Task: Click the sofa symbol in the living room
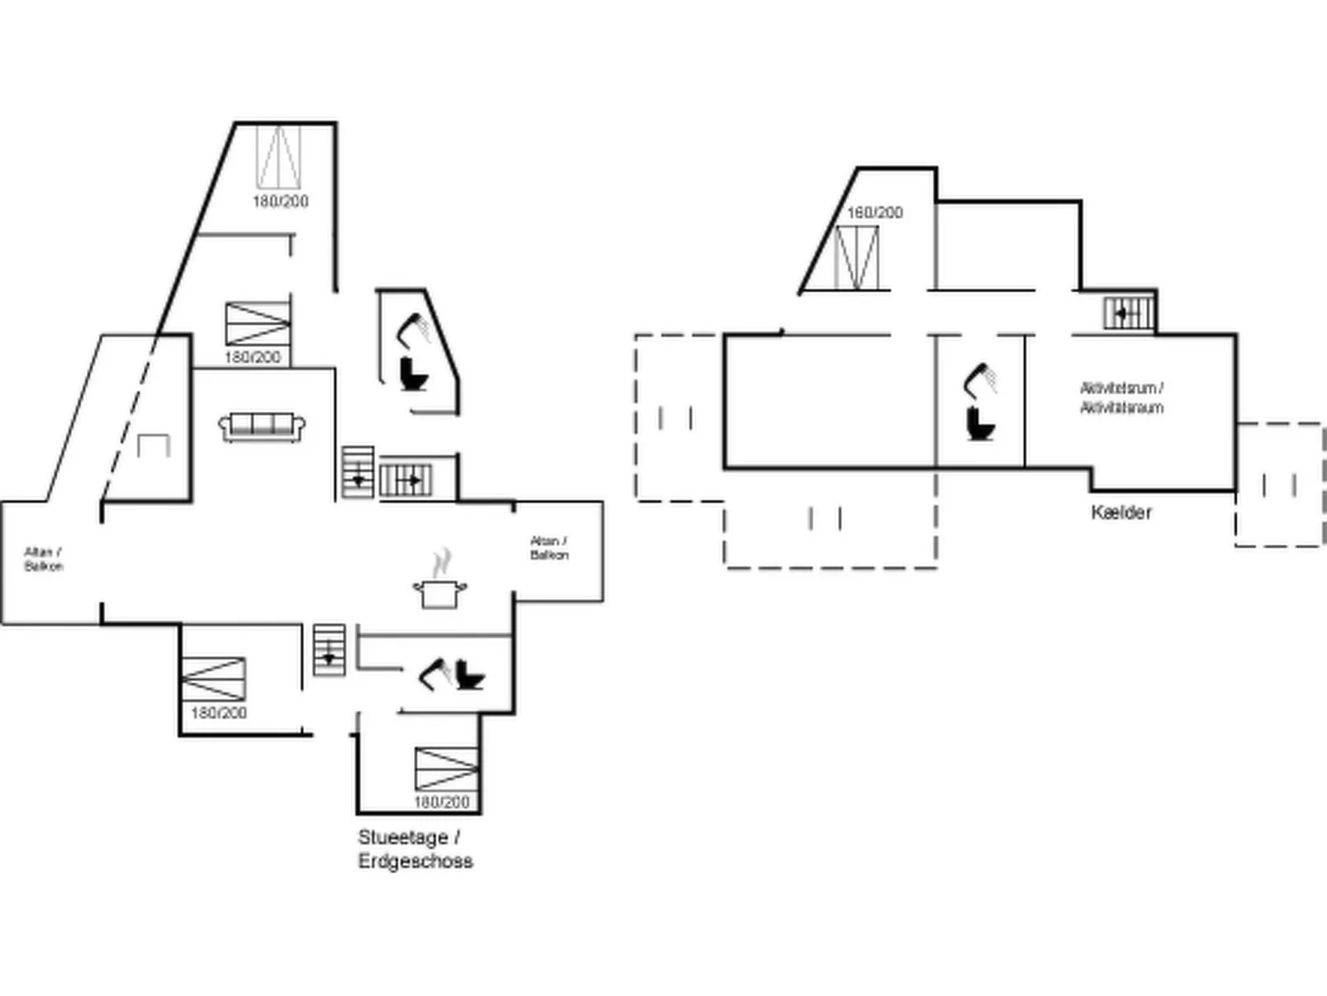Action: click(x=261, y=427)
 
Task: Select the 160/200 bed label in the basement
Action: click(x=874, y=212)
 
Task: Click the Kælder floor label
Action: click(x=1120, y=512)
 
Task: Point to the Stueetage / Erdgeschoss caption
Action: click(x=415, y=849)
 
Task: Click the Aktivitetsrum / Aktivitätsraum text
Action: click(x=1121, y=398)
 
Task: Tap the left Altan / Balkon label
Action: click(x=43, y=560)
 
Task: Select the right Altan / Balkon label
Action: click(x=549, y=548)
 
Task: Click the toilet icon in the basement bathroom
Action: click(x=980, y=423)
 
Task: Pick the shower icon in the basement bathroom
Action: click(x=980, y=379)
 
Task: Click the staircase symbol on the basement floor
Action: click(x=1128, y=313)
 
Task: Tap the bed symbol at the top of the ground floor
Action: click(x=278, y=157)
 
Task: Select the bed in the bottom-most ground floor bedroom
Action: click(x=446, y=769)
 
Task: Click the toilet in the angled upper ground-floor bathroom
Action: click(x=412, y=374)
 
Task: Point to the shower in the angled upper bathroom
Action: click(x=413, y=330)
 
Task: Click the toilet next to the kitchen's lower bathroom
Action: click(x=469, y=675)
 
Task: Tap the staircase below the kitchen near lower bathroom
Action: click(x=329, y=650)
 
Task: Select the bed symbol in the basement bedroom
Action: click(x=856, y=257)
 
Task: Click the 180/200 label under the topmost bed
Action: click(x=280, y=201)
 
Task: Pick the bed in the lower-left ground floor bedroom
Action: click(x=213, y=679)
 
